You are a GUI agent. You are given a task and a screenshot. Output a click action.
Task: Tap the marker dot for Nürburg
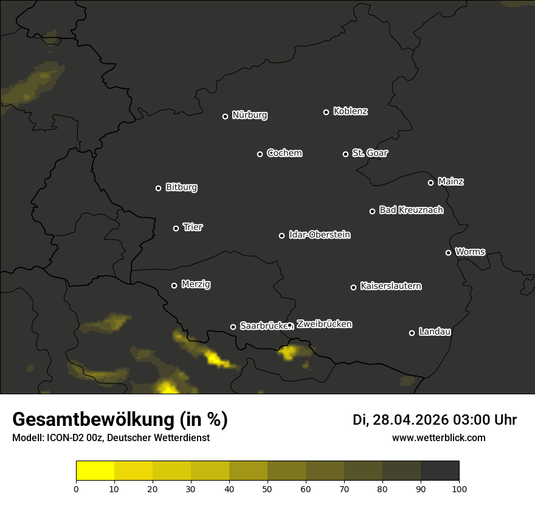click(225, 116)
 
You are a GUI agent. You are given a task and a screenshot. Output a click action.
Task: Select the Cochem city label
click(284, 153)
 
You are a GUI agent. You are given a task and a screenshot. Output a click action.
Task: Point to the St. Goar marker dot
click(345, 155)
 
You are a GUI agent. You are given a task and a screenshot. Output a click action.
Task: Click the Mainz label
click(450, 181)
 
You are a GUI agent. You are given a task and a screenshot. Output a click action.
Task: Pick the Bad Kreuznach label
click(411, 210)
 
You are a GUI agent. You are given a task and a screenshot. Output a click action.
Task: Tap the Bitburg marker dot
click(158, 189)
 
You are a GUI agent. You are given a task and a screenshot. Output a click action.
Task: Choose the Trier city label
click(193, 227)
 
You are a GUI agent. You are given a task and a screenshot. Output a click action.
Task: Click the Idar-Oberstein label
click(319, 234)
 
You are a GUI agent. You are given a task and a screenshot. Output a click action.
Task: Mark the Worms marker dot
click(448, 252)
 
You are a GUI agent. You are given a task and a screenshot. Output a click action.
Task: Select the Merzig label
click(196, 284)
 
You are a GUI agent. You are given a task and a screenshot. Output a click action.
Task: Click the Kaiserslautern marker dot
click(353, 287)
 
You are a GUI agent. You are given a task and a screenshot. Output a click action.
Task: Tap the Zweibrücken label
click(324, 324)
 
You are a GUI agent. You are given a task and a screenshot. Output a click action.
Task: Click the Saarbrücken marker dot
click(233, 327)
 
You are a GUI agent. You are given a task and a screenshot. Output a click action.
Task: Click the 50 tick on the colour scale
click(267, 488)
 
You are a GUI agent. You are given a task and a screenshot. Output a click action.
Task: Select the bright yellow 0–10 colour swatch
click(95, 471)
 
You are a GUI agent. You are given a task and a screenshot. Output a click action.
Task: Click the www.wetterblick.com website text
click(438, 437)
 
